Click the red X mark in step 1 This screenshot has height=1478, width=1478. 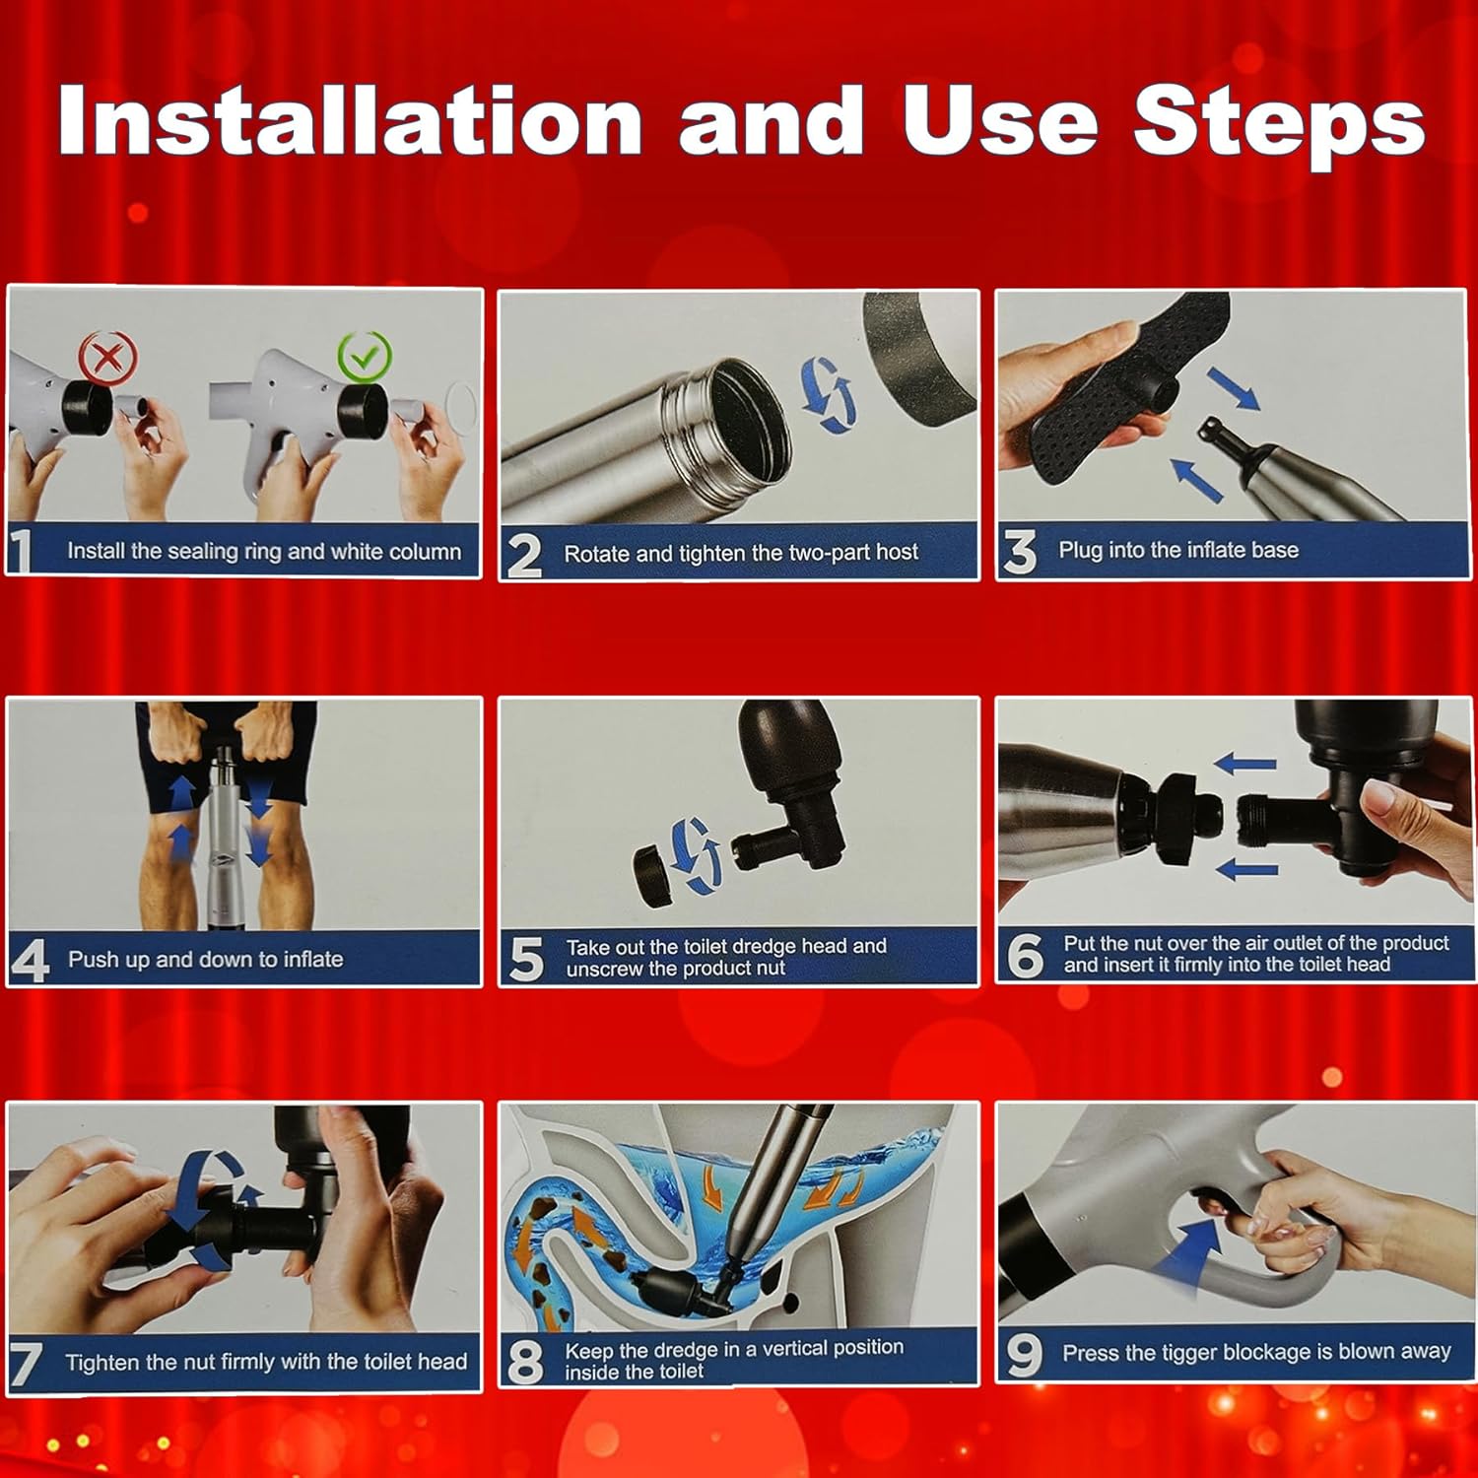[108, 358]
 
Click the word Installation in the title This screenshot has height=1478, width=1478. [351, 121]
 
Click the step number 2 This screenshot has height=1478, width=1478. [524, 554]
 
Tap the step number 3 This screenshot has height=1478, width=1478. [1021, 552]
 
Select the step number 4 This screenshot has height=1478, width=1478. [31, 961]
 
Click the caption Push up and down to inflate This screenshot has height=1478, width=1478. [205, 959]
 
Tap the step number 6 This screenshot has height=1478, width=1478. [1025, 956]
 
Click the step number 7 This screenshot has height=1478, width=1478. [27, 1364]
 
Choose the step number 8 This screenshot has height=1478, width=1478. [525, 1362]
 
